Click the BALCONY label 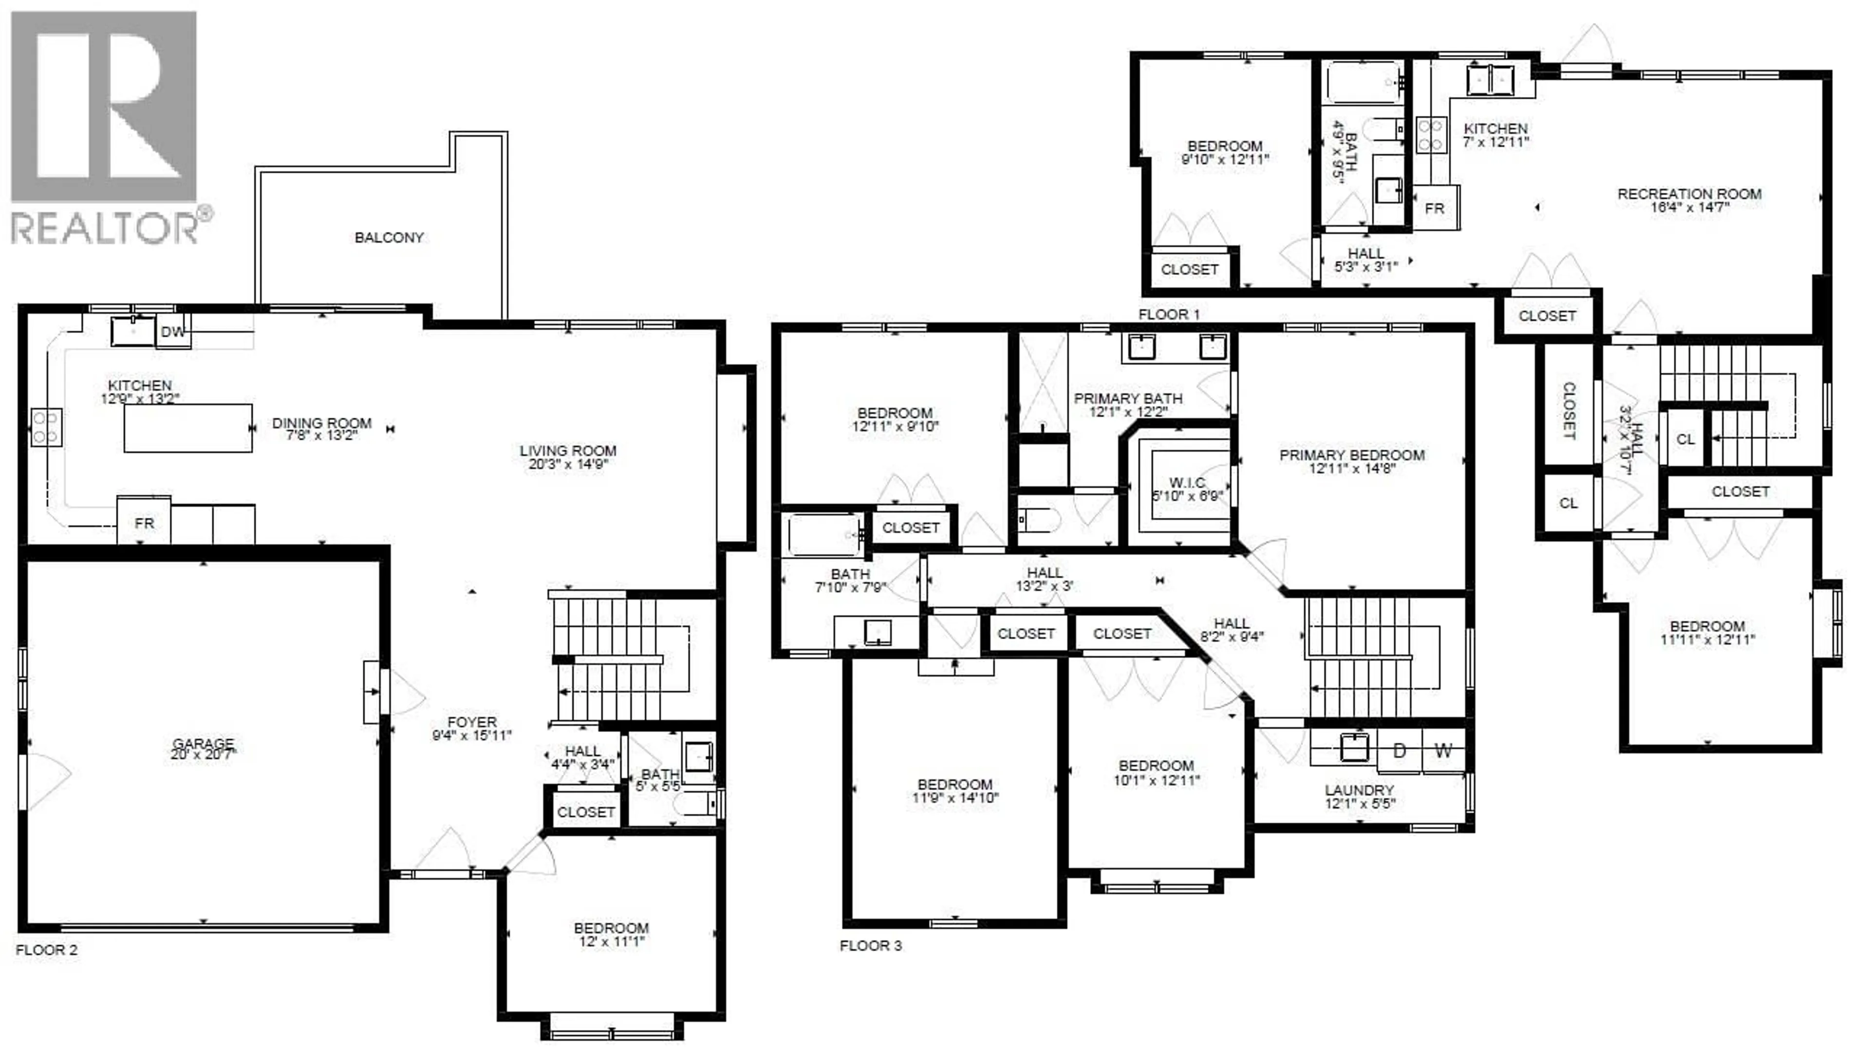[x=389, y=238]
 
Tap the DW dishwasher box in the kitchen [x=173, y=332]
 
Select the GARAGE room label [x=203, y=743]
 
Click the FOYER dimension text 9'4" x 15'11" [x=472, y=736]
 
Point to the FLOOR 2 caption [x=46, y=950]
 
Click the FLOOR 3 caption [x=870, y=945]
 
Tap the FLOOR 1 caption [x=1169, y=314]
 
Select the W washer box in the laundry [x=1443, y=751]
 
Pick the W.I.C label [x=1187, y=482]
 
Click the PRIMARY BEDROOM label [x=1352, y=455]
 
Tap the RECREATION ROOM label [x=1689, y=194]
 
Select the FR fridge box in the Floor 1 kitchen [x=1435, y=209]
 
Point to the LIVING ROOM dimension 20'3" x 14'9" [x=568, y=464]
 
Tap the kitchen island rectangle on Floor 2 [x=188, y=428]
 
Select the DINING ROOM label [x=322, y=423]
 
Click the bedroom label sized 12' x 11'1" [x=612, y=928]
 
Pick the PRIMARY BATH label [x=1128, y=398]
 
